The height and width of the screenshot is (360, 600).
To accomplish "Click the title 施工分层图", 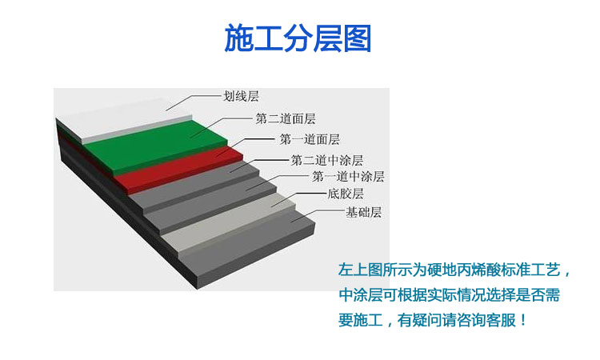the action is [x=298, y=38].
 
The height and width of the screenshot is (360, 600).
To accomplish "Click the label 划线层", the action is [x=241, y=96].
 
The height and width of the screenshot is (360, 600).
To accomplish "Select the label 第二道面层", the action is [x=285, y=118].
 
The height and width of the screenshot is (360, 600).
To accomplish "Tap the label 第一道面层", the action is [x=310, y=139].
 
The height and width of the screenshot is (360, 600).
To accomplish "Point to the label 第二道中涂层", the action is [x=326, y=160].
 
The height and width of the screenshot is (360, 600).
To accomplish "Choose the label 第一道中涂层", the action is [x=348, y=176].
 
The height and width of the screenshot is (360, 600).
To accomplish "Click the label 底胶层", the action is [x=345, y=194].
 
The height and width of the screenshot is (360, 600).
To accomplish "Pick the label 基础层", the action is [x=363, y=212].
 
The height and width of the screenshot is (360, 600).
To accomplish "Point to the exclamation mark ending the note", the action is [x=523, y=320].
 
